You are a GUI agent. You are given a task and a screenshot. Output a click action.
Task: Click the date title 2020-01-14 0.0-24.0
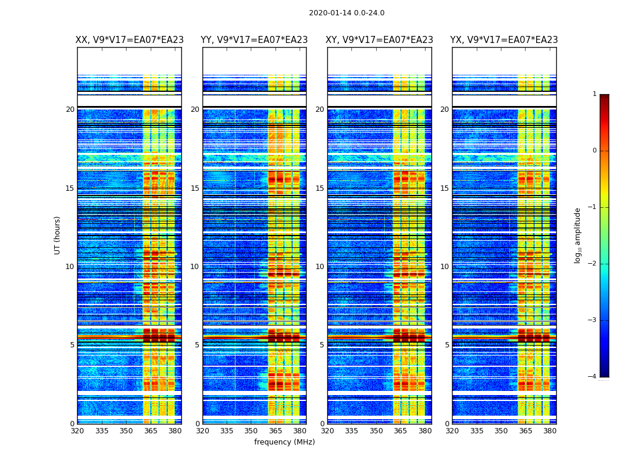347,13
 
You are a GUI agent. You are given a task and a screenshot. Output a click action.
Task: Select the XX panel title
129,40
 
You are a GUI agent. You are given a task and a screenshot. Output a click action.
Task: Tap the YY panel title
254,40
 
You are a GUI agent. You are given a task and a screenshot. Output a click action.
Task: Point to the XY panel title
380,40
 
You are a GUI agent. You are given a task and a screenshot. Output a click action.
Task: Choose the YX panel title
504,40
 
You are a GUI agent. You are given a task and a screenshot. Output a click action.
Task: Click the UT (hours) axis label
58,235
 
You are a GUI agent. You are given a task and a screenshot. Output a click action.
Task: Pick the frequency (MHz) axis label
284,442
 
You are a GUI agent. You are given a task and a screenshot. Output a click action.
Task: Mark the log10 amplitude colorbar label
578,235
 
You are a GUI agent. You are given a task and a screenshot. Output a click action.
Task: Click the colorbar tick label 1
594,94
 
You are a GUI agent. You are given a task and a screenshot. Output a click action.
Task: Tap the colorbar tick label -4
593,377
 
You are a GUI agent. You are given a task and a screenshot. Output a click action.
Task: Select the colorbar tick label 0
594,151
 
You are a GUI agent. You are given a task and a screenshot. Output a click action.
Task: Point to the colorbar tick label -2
593,264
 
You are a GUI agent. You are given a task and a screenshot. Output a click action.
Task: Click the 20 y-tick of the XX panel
70,110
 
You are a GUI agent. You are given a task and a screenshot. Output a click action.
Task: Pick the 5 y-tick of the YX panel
447,345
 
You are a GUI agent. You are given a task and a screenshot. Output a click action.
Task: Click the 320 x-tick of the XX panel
77,431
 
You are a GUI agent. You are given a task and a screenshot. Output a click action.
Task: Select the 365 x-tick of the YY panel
275,431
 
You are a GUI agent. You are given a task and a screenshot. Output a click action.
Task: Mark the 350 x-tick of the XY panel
376,431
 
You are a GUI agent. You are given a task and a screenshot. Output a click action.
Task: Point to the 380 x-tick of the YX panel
550,431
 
